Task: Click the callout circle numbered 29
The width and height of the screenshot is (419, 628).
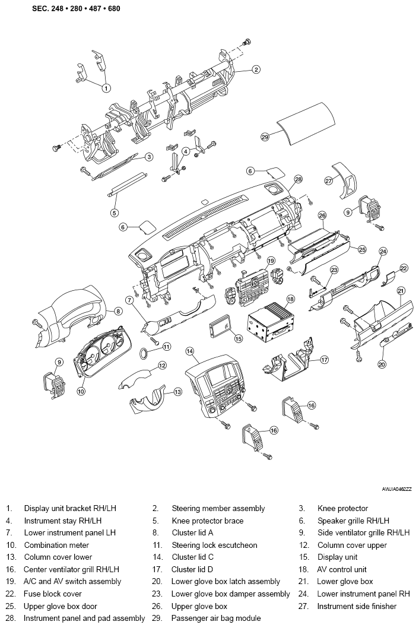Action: [x=265, y=137]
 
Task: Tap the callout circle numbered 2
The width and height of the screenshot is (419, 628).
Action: [x=256, y=69]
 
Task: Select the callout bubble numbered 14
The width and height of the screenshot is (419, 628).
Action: [x=190, y=351]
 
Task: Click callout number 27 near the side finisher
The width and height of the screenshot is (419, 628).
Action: [x=328, y=180]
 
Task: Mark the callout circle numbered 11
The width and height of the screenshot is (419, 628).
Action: [x=167, y=346]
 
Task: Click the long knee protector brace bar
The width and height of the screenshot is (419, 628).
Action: [x=126, y=184]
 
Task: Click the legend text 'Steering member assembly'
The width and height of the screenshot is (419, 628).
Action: [x=218, y=509]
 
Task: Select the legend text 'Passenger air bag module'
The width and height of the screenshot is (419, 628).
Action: [x=216, y=619]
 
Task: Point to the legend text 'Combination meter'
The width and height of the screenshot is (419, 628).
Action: [x=56, y=545]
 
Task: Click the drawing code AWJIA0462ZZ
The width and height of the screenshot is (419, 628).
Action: [x=396, y=489]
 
